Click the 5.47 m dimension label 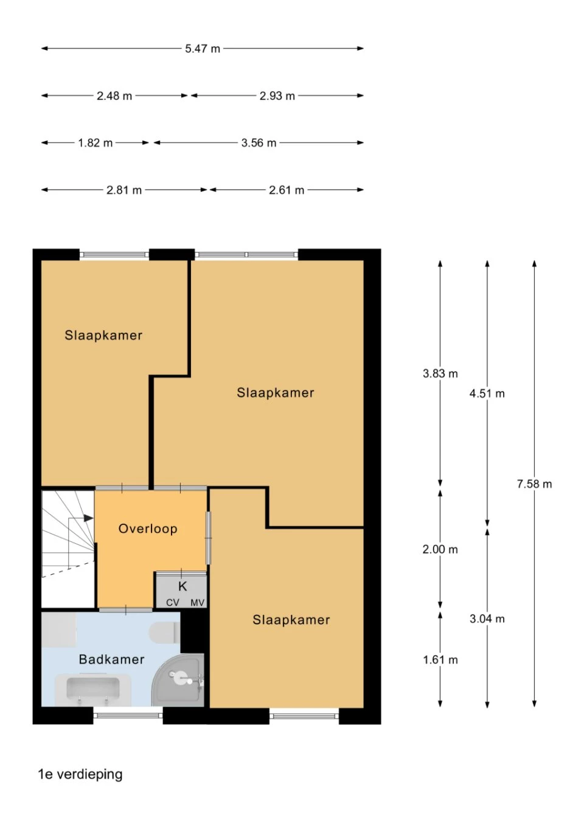(x=203, y=49)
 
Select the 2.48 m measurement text (x=114, y=96)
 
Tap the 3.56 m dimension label (x=259, y=143)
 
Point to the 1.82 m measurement (x=95, y=143)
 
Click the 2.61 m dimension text (x=287, y=190)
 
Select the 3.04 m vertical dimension (x=487, y=619)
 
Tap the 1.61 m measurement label (x=440, y=660)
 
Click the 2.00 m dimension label (x=440, y=549)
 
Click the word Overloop (x=148, y=529)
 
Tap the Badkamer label (x=112, y=659)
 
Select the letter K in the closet (x=182, y=586)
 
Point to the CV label (x=173, y=603)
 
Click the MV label (x=197, y=603)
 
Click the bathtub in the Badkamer (x=93, y=689)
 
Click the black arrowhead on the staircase (x=88, y=518)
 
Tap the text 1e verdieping (x=80, y=774)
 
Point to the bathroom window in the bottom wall (x=128, y=715)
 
